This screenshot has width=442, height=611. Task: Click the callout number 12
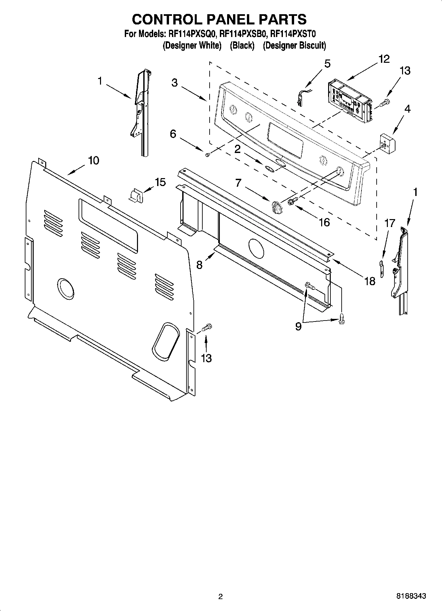tap(384, 59)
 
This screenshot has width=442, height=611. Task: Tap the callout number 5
tap(327, 63)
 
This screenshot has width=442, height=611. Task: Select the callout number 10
tap(93, 161)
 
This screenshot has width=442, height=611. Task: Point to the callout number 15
tap(160, 182)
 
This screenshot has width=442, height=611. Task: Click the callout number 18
tap(370, 281)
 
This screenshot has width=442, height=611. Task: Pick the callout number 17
tap(390, 223)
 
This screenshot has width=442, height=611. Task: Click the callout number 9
tap(298, 326)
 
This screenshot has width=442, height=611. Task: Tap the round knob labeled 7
tap(276, 207)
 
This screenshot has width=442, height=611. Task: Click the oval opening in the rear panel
tap(165, 342)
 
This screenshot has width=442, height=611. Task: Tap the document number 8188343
tap(411, 596)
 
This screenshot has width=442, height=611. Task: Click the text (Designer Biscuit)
tap(294, 46)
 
